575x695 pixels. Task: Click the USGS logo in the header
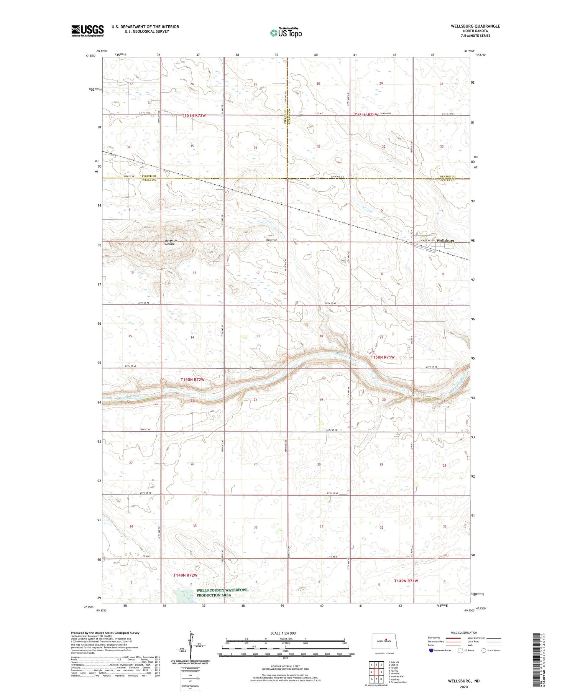pyautogui.click(x=87, y=31)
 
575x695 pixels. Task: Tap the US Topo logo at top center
pyautogui.click(x=286, y=33)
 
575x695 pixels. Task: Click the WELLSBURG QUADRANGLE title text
pyautogui.click(x=475, y=26)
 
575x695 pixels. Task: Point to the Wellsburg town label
pyautogui.click(x=445, y=241)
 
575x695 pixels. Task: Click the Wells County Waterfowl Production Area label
pyautogui.click(x=222, y=592)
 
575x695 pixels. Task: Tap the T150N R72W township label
pyautogui.click(x=192, y=380)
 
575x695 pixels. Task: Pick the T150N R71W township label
pyautogui.click(x=382, y=357)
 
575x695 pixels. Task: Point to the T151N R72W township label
pyautogui.click(x=194, y=115)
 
